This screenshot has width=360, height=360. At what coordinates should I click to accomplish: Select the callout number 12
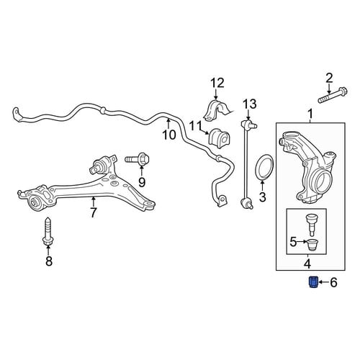(x=217, y=83)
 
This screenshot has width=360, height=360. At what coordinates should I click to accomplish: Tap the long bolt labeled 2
(x=333, y=96)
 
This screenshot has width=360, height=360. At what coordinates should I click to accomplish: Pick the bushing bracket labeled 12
(x=217, y=111)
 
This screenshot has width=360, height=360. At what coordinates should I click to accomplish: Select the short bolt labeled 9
(x=137, y=159)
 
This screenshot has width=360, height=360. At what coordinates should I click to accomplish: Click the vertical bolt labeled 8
(x=48, y=232)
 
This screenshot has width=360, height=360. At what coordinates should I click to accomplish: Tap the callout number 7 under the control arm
(x=94, y=212)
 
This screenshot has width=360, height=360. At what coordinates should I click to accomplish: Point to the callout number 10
(x=169, y=135)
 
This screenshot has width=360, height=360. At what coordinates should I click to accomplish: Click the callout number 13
(x=250, y=104)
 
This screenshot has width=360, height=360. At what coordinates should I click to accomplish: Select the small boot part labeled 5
(x=312, y=246)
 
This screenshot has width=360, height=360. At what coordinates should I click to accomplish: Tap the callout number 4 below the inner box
(x=307, y=264)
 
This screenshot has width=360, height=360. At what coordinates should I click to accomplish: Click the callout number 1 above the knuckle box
(x=310, y=114)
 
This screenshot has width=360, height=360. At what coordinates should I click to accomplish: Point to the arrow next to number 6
(x=323, y=282)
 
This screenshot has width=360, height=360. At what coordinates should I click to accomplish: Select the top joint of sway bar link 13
(x=248, y=124)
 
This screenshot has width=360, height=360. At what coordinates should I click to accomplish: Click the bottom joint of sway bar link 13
(x=247, y=204)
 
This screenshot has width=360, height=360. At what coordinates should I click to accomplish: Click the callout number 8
(x=49, y=261)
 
